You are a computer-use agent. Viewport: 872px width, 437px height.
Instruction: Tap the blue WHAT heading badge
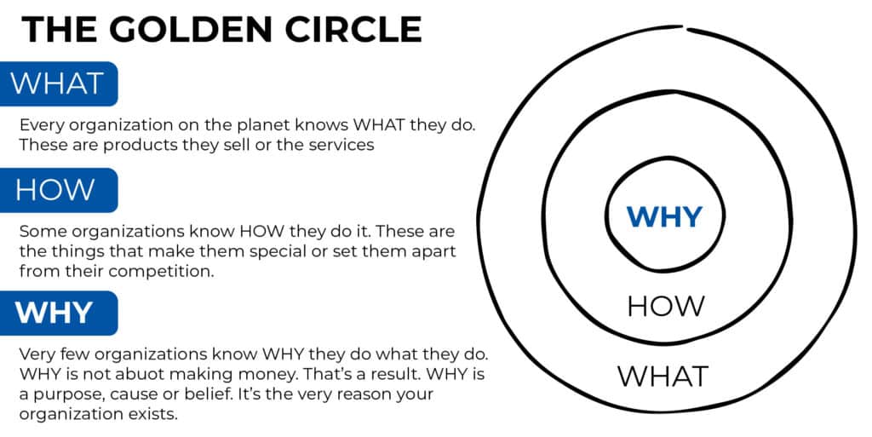(x=58, y=83)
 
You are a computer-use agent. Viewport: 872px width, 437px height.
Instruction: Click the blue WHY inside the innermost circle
(x=664, y=216)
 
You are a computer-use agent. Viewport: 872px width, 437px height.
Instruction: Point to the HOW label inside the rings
(x=665, y=306)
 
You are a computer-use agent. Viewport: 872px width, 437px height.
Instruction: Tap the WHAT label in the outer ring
(x=663, y=376)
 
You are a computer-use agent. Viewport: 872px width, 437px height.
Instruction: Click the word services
(x=338, y=145)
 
